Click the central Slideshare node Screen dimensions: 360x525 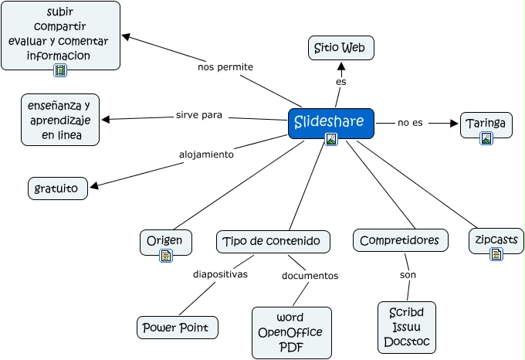point(331,122)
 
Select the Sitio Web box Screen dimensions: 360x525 point(341,48)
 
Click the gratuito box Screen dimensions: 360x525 point(58,188)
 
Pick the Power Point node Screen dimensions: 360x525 point(177,327)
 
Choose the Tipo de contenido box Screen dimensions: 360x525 point(273,241)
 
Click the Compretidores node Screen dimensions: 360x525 point(399,240)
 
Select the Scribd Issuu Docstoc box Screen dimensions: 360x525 point(407,328)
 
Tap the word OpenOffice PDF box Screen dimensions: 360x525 point(291,332)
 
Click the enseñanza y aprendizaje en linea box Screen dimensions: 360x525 point(60,120)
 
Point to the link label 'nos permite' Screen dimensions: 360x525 point(225,66)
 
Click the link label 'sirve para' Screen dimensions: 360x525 point(199,115)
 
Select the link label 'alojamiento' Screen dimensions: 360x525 point(206,154)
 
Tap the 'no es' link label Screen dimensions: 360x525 point(410,123)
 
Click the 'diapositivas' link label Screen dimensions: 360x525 point(220,273)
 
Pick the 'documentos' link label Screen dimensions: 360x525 point(310,275)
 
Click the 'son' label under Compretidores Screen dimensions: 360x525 point(408,275)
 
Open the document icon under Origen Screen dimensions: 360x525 point(165,256)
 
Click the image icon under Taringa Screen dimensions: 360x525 point(486,138)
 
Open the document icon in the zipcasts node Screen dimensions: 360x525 point(496,253)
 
